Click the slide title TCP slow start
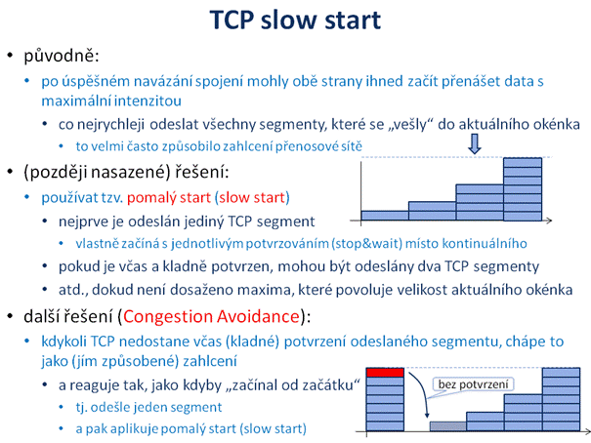pyautogui.click(x=295, y=20)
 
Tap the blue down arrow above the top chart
pyautogui.click(x=475, y=143)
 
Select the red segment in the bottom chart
pyautogui.click(x=385, y=372)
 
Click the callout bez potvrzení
pyautogui.click(x=474, y=384)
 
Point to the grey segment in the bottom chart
pyautogui.click(x=448, y=426)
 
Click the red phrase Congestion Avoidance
pyautogui.click(x=211, y=316)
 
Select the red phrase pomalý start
pyautogui.click(x=169, y=198)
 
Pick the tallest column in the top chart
pyautogui.click(x=523, y=189)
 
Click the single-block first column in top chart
pyautogui.click(x=385, y=216)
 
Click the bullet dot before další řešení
pyautogui.click(x=10, y=316)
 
